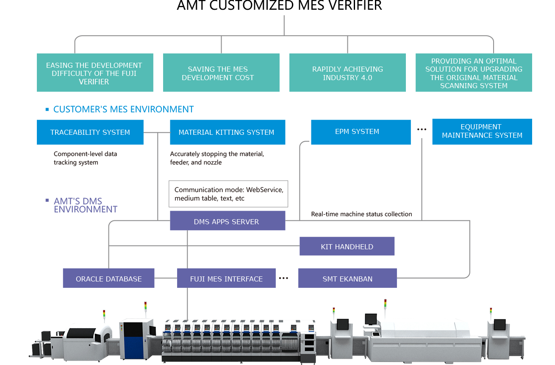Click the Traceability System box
pyautogui.click(x=90, y=132)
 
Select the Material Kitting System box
pyautogui.click(x=227, y=132)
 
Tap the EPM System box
pyautogui.click(x=361, y=132)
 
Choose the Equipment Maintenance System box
pyautogui.click(x=482, y=131)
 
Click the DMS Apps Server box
pyautogui.click(x=227, y=221)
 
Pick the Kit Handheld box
pyautogui.click(x=347, y=246)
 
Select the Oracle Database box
pyautogui.click(x=108, y=279)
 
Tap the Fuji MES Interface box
pyautogui.click(x=226, y=279)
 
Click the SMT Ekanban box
pyautogui.click(x=347, y=279)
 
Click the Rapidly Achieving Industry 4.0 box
pyautogui.click(x=347, y=73)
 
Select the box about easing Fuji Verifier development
pyautogui.click(x=94, y=73)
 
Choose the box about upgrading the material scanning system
pyautogui.click(x=473, y=73)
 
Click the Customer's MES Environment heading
pyautogui.click(x=123, y=109)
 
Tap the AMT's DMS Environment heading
pyautogui.click(x=85, y=205)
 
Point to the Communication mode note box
pyautogui.click(x=228, y=194)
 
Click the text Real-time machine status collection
pyautogui.click(x=361, y=214)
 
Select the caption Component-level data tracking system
pyautogui.click(x=85, y=158)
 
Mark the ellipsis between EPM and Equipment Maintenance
pyautogui.click(x=422, y=130)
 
